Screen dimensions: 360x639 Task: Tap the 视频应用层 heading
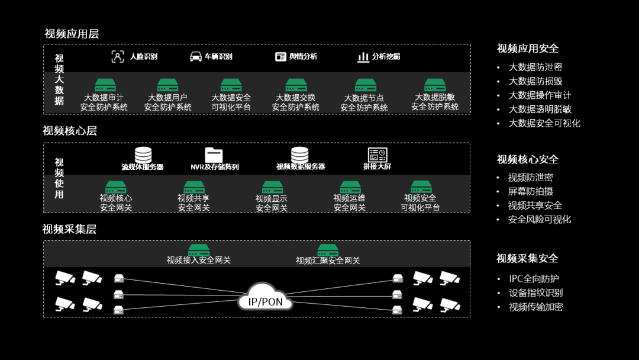72,34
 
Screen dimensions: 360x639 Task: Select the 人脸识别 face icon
118,56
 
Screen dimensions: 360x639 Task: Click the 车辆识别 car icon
196,56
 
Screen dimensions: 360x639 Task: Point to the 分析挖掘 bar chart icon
363,57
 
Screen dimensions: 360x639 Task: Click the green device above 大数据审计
104,85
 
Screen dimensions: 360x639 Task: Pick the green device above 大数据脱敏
435,85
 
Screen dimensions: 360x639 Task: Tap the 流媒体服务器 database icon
143,155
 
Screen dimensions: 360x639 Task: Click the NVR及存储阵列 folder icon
214,155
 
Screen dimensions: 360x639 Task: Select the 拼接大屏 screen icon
377,155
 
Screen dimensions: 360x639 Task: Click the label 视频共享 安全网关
194,203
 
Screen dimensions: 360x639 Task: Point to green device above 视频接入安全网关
199,250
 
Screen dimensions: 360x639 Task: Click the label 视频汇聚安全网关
328,261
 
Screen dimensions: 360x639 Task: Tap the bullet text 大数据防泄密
535,67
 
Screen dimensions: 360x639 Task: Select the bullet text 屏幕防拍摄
531,191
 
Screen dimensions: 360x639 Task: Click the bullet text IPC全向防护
534,278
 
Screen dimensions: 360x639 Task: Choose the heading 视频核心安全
527,159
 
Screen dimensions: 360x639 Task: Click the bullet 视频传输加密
535,307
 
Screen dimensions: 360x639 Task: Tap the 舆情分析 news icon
280,56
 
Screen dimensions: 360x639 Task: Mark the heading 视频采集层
69,229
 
